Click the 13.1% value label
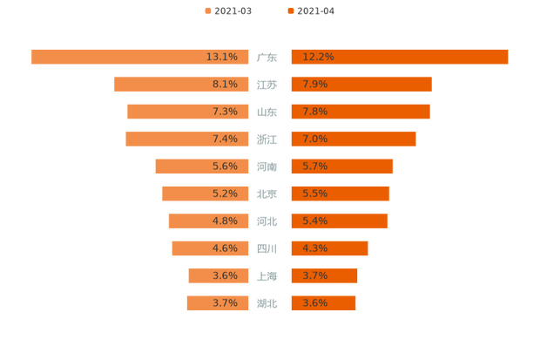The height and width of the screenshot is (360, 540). pos(222,57)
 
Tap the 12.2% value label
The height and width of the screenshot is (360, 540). pos(318,57)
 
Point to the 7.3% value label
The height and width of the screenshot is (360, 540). pos(225,112)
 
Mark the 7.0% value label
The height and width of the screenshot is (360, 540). pos(315,139)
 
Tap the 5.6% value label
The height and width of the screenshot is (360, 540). pos(225,166)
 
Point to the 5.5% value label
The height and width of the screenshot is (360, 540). pos(315,194)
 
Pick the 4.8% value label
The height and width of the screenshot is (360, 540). pos(225,221)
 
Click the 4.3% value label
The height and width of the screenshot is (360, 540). pos(315,248)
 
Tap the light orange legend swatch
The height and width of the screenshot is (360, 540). pos(206,10)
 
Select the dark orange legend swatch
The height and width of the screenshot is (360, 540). pos(289,10)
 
